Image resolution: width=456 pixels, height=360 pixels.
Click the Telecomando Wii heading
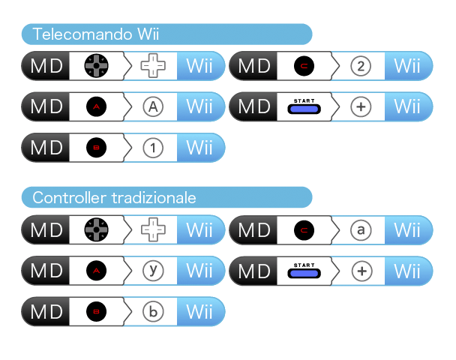point(96,34)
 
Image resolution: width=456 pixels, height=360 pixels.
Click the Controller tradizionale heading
point(114,198)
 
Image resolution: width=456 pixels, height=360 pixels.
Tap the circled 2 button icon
point(361,66)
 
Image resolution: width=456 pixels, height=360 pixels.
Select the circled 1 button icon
point(153,148)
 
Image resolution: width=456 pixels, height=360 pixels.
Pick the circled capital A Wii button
point(153,106)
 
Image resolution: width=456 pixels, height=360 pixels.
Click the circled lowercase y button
point(153,271)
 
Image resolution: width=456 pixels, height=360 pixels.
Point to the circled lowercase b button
point(153,312)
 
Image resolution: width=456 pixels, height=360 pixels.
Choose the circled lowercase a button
point(361,230)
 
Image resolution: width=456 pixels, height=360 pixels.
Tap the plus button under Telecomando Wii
point(361,106)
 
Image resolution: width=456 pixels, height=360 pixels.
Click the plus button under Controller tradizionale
point(361,271)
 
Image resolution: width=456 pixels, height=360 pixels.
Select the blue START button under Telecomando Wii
point(304,109)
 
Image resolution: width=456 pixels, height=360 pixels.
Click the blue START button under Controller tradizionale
point(304,273)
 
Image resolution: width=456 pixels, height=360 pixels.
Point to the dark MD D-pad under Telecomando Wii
point(96,66)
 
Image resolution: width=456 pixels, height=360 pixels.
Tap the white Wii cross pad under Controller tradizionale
point(153,229)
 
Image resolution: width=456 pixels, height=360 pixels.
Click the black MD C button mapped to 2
point(304,66)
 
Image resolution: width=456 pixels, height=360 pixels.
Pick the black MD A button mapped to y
point(96,271)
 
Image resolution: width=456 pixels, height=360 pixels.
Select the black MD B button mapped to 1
point(96,148)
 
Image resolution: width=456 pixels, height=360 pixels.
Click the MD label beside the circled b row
point(46,312)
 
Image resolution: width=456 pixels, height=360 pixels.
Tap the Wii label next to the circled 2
point(407,66)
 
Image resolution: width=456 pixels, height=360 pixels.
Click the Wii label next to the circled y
point(199,271)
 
